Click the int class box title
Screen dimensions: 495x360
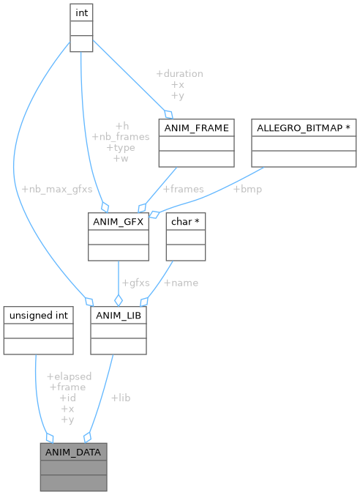point(81,12)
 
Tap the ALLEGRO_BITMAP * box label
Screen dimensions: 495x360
point(302,128)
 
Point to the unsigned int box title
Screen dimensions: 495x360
point(38,316)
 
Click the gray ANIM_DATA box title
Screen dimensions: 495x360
point(73,452)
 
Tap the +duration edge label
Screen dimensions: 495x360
point(179,73)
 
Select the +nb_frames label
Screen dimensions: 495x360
point(121,136)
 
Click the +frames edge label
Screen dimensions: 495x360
point(182,188)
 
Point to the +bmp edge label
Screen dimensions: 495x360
point(247,188)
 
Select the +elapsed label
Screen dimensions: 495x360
point(68,376)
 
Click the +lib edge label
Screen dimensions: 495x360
point(121,398)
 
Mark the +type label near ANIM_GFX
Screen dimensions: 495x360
point(121,147)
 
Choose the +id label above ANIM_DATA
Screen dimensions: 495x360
point(67,398)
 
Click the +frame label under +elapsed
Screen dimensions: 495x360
point(67,387)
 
